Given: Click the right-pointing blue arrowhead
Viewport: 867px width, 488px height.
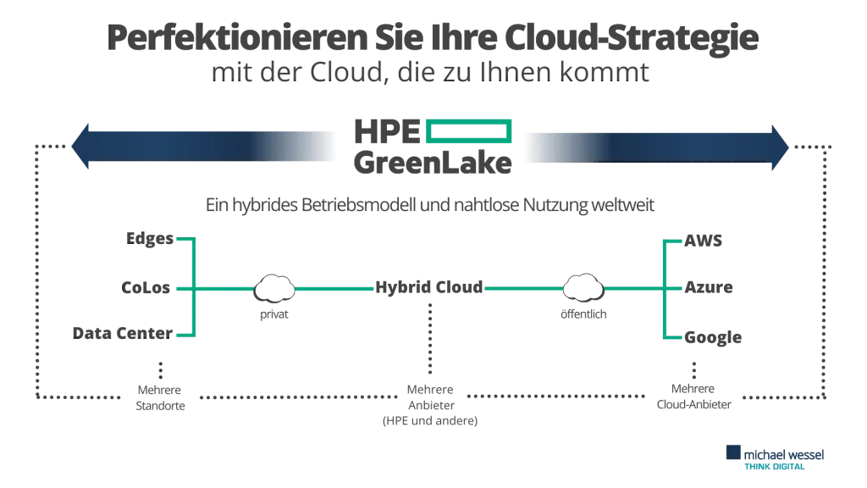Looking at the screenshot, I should pyautogui.click(x=780, y=146).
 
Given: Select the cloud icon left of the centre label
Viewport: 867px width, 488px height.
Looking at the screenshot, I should pyautogui.click(x=273, y=290).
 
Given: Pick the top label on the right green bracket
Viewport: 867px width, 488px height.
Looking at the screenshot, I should pyautogui.click(x=704, y=241).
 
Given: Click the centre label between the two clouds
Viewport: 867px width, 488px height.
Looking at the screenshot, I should pyautogui.click(x=429, y=289).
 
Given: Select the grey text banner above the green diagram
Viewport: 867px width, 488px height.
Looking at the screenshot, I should pyautogui.click(x=433, y=206).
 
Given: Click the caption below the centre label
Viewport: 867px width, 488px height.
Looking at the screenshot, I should pyautogui.click(x=429, y=403).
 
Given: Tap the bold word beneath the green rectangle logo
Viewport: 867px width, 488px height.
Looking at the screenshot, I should pyautogui.click(x=431, y=163).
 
